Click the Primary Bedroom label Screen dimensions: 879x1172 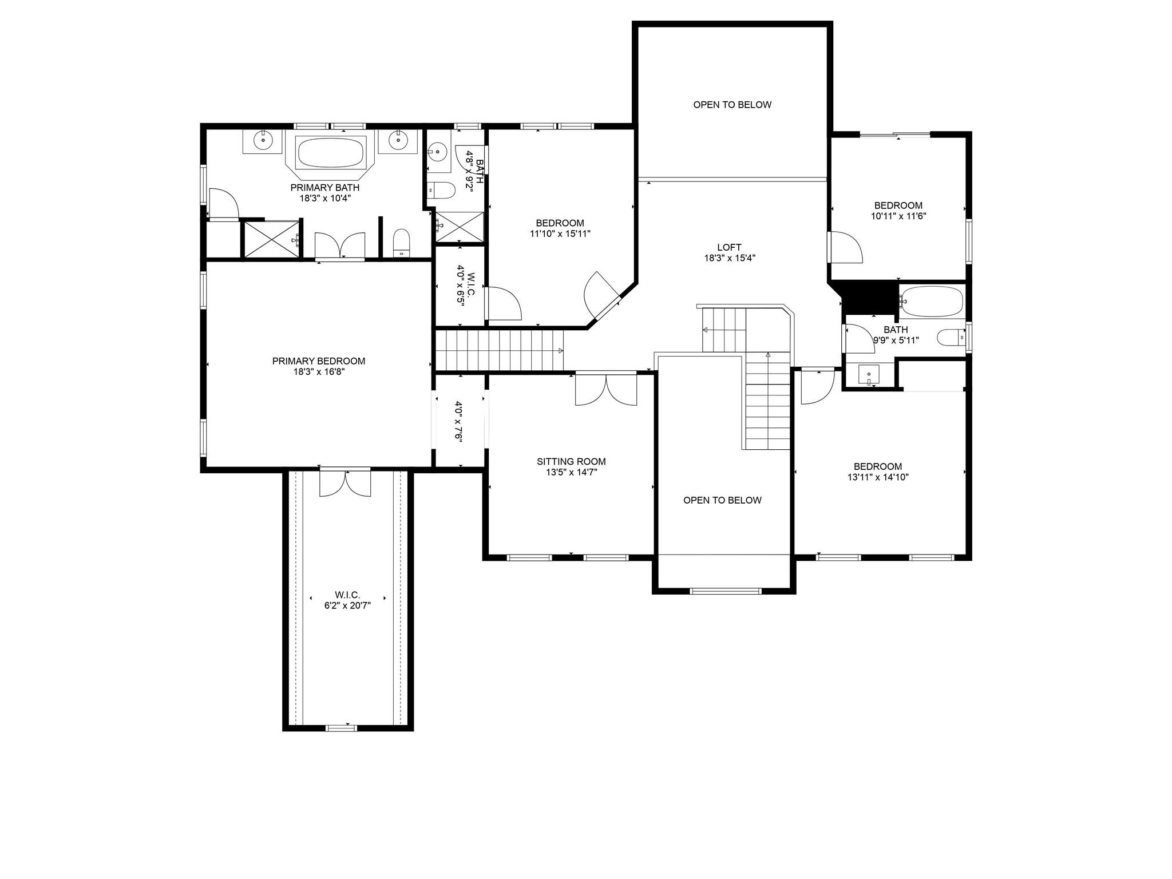pyautogui.click(x=318, y=361)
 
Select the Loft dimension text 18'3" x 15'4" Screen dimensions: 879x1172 pyautogui.click(x=729, y=258)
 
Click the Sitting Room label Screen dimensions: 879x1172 pyautogui.click(x=571, y=461)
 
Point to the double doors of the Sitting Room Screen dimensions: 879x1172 pyautogui.click(x=605, y=389)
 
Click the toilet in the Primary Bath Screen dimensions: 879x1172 pyautogui.click(x=402, y=242)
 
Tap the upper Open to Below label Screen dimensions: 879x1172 pyautogui.click(x=732, y=105)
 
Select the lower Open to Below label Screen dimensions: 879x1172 pyautogui.click(x=722, y=500)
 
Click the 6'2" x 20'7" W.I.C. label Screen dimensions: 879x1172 pyautogui.click(x=347, y=605)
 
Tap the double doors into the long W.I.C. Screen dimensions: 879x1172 pyautogui.click(x=345, y=482)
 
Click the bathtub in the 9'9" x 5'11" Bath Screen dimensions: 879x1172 pyautogui.click(x=932, y=300)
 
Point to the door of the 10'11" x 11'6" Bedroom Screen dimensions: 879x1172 pyautogui.click(x=846, y=247)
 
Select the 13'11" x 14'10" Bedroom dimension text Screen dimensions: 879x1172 pyautogui.click(x=878, y=477)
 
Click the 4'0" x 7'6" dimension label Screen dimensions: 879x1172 pyautogui.click(x=458, y=421)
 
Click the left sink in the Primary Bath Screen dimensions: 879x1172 pyautogui.click(x=263, y=140)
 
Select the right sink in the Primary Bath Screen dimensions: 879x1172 pyautogui.click(x=397, y=140)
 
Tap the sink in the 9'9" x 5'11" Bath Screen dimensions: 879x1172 pyautogui.click(x=868, y=375)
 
